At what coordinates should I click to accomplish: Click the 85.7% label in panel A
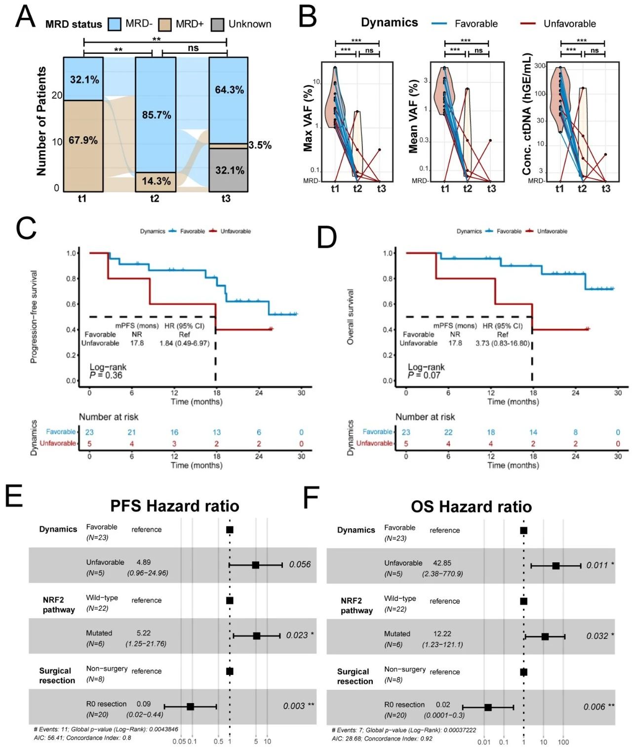point(157,115)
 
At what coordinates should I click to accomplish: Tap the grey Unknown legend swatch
point(217,24)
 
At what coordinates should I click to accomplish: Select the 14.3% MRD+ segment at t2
point(156,181)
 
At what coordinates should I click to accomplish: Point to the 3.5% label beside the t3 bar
point(260,145)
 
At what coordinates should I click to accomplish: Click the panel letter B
point(308,17)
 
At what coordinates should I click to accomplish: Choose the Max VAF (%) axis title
point(308,118)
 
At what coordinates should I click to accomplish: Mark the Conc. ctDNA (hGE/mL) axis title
point(526,114)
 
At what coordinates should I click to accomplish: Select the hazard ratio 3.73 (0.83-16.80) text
point(502,343)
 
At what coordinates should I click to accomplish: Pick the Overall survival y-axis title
point(351,317)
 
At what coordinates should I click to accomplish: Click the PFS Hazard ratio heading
point(175,506)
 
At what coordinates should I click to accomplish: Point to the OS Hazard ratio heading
point(471,507)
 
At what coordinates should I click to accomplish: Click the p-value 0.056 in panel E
point(300,564)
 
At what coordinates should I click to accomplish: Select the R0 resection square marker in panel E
point(191,707)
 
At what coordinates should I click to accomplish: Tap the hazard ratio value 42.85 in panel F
point(442,563)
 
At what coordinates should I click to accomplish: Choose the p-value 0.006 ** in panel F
point(598,707)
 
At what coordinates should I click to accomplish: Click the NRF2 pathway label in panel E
point(58,605)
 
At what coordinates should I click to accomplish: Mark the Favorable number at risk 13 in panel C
point(216,432)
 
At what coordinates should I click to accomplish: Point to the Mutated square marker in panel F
point(545,637)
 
